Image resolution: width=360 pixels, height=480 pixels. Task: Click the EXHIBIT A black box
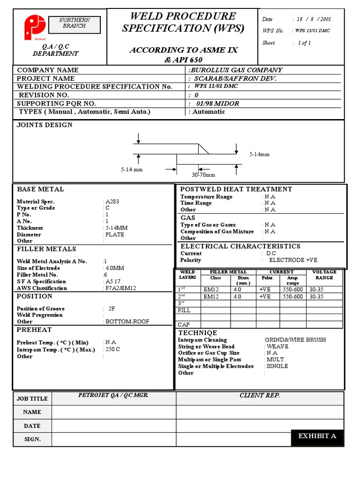pos(317,436)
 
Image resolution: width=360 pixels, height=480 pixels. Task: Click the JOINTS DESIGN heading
pos(45,125)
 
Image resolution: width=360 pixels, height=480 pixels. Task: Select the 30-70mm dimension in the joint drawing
pos(203,175)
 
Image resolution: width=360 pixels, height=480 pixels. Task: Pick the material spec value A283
pos(112,202)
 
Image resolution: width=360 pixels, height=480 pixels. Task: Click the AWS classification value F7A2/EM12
pos(120,288)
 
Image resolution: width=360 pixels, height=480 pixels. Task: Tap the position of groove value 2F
pos(112,309)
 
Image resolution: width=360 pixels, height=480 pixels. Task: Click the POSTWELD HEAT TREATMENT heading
pos(236,189)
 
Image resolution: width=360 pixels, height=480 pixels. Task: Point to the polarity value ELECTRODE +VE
pos(293,260)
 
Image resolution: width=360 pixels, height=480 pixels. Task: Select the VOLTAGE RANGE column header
pos(324,275)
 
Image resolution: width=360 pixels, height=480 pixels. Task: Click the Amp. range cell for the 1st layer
pos(292,290)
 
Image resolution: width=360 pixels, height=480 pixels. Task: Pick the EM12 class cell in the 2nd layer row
pos(211,297)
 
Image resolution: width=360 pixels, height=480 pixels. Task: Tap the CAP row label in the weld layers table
pos(184,324)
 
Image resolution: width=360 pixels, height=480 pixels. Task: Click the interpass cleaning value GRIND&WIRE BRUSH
pos(295,340)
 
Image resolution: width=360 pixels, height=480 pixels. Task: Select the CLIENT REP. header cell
pos(259,396)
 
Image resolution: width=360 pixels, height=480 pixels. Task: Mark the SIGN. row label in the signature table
pos(32,439)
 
